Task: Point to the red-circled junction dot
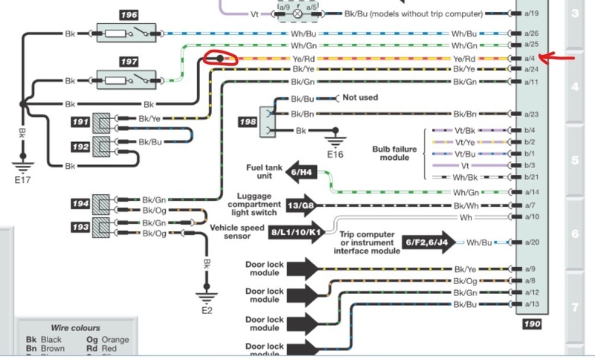219,58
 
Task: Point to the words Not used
360,97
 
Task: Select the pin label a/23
530,114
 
